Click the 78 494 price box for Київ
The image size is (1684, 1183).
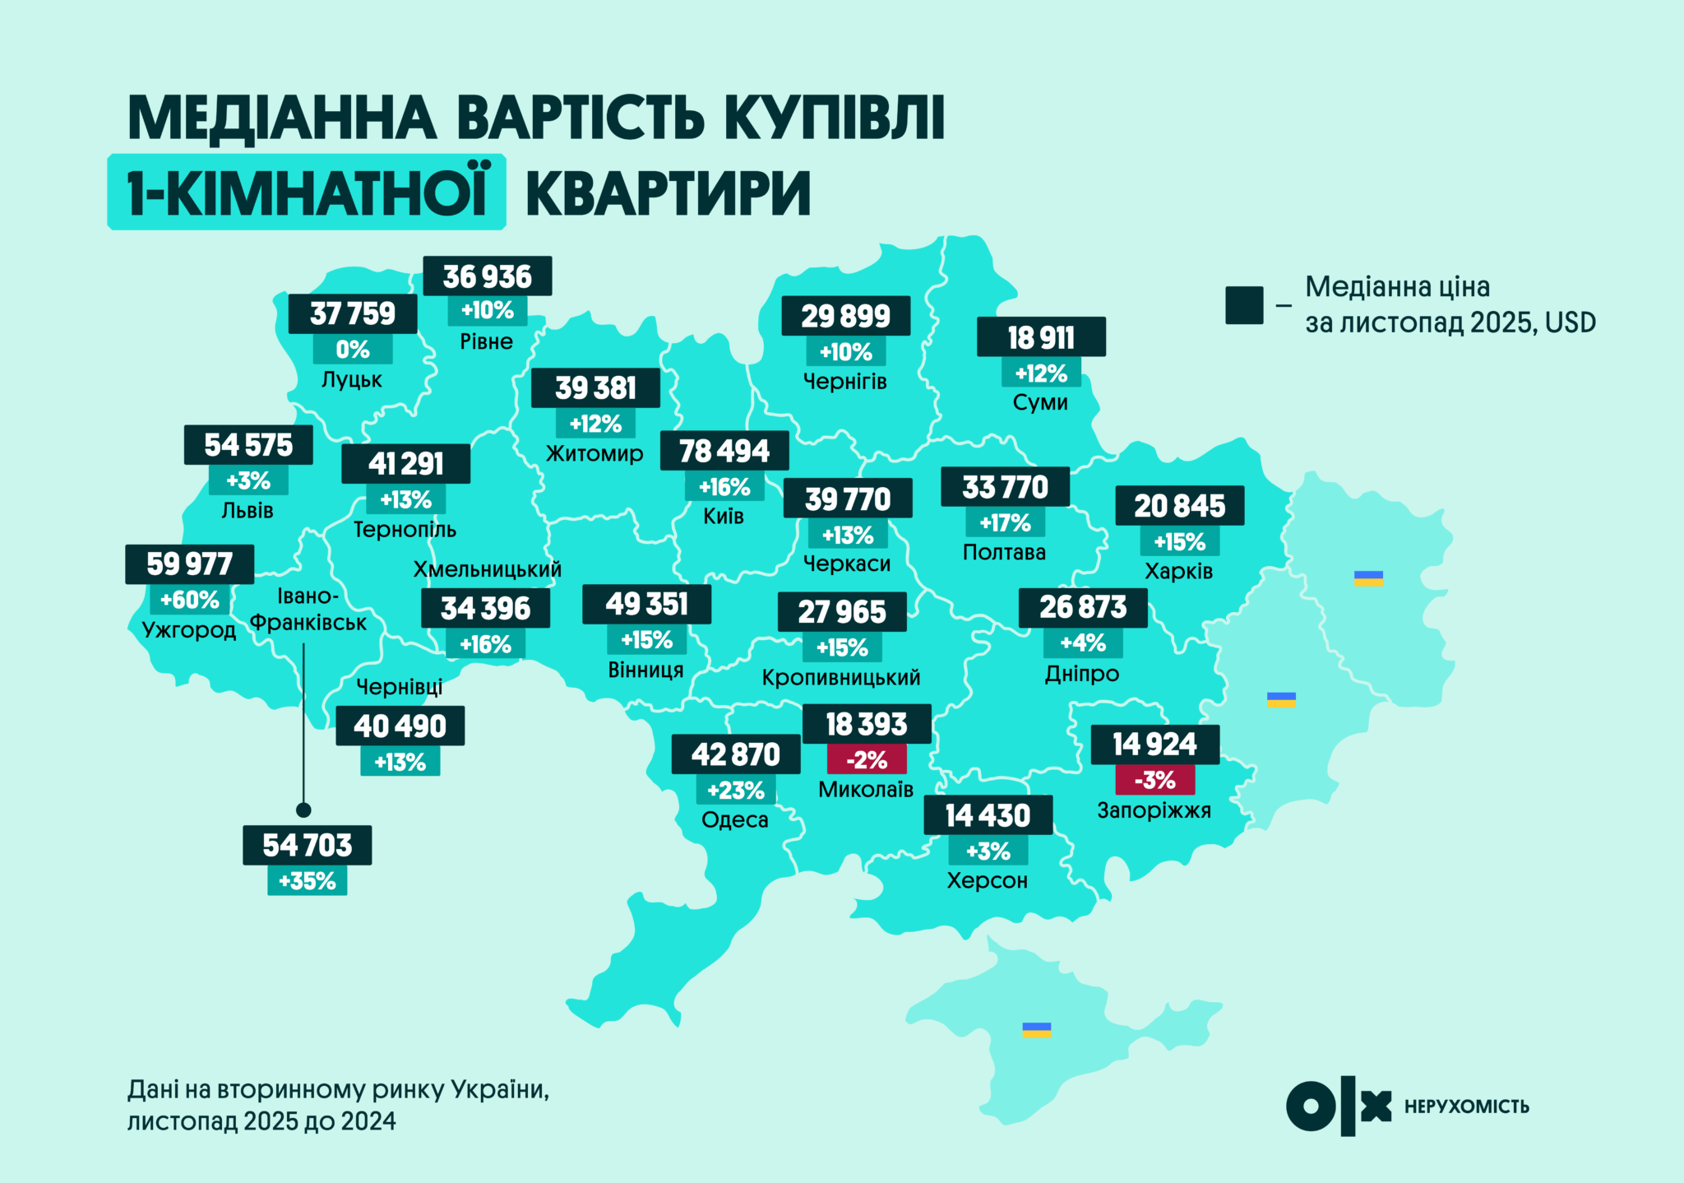click(724, 451)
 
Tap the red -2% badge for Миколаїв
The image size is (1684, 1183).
click(867, 759)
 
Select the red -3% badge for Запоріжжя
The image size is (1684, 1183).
click(1154, 779)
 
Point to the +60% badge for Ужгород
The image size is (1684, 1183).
click(189, 600)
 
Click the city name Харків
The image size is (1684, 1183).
click(1178, 571)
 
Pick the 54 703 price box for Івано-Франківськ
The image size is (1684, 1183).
click(307, 845)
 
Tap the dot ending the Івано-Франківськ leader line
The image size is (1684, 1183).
click(303, 810)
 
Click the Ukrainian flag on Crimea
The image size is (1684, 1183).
click(1036, 1030)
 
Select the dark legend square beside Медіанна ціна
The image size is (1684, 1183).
click(1243, 305)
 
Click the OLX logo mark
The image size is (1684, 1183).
click(1338, 1106)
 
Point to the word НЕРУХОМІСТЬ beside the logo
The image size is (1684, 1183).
click(1466, 1106)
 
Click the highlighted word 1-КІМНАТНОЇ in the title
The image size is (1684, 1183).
click(307, 193)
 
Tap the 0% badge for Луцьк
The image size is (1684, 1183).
click(353, 350)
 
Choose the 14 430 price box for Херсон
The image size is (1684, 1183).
click(988, 815)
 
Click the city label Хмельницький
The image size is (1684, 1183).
click(487, 569)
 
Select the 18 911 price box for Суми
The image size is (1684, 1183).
click(1041, 337)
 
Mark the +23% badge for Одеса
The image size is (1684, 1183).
click(736, 791)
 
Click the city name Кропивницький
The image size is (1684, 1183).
click(840, 678)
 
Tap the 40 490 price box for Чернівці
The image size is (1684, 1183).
click(400, 726)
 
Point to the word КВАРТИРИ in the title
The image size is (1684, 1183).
click(668, 194)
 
